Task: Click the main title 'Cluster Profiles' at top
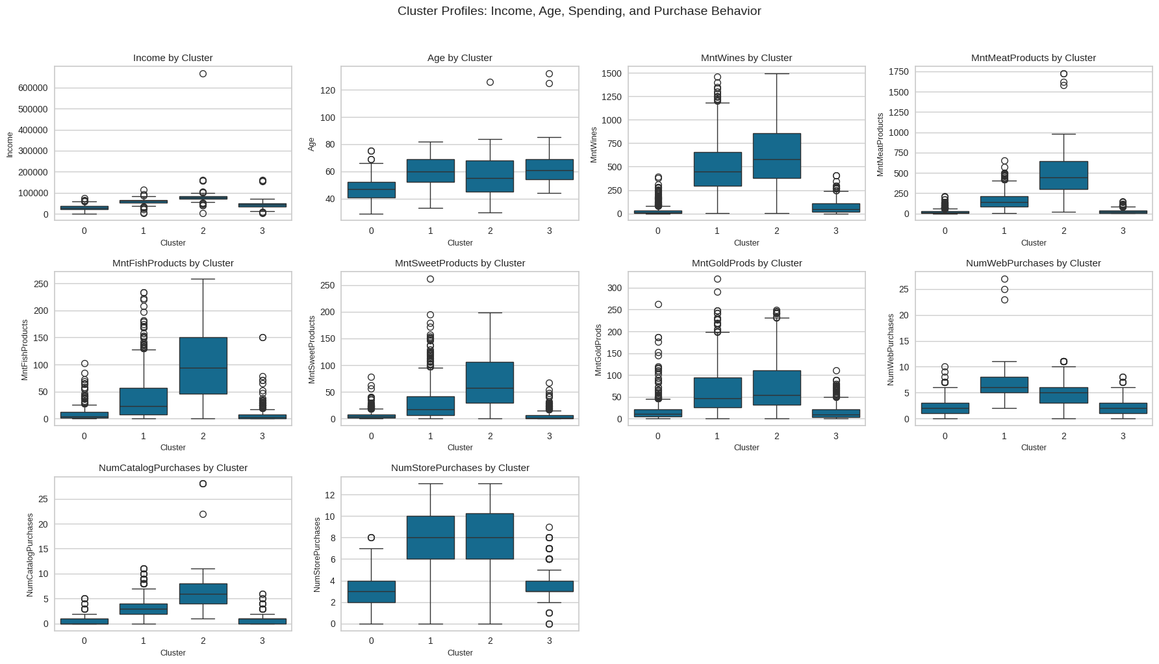[579, 11]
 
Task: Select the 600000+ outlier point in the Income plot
[203, 74]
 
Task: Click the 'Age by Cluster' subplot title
[459, 58]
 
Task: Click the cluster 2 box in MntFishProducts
[203, 365]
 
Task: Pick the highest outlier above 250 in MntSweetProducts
[430, 279]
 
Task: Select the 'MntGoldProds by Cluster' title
[746, 263]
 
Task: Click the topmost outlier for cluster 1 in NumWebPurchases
[1004, 279]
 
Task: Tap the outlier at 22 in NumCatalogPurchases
[203, 515]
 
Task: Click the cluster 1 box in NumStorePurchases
[430, 537]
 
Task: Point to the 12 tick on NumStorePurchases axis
[329, 495]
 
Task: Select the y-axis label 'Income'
[10, 144]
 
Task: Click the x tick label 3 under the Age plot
[549, 231]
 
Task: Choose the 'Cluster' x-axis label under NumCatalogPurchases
[173, 653]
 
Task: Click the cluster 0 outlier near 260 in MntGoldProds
[658, 305]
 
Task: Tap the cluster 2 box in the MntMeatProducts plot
[1063, 175]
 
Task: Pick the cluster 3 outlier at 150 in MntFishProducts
[262, 338]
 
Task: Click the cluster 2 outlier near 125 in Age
[490, 83]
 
